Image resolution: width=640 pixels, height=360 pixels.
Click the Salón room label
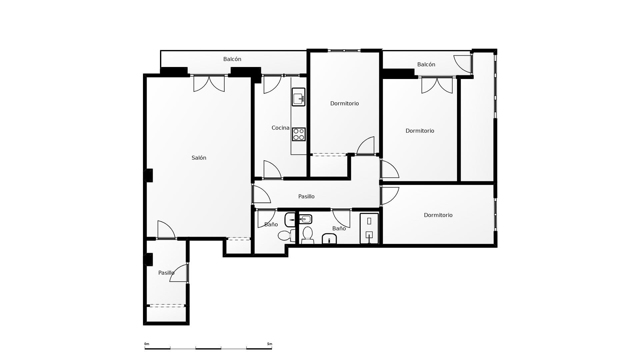[x=199, y=158]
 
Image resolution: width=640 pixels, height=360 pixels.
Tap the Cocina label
[x=280, y=128]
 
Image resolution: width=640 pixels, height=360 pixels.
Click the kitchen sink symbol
[x=298, y=97]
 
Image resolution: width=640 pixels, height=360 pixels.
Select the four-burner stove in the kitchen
[x=299, y=134]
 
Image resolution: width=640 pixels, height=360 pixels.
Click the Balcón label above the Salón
[x=232, y=59]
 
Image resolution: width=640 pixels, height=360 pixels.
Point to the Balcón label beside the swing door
[x=426, y=64]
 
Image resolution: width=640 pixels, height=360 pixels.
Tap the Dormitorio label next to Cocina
[x=344, y=103]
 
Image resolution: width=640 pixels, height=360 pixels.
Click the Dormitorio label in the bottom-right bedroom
[x=438, y=215]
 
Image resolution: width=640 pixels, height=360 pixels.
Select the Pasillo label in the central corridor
[x=306, y=196]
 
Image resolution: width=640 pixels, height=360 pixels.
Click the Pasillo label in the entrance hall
[x=166, y=273]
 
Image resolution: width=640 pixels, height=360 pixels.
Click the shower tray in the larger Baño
[x=369, y=228]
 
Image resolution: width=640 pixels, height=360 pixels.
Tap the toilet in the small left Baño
[x=286, y=235]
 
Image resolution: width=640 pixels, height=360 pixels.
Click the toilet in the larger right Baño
[x=307, y=235]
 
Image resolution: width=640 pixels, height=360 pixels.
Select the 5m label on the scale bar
[x=269, y=344]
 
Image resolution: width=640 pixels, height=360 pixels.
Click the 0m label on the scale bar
[x=147, y=344]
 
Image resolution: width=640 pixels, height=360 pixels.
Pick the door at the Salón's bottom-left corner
[x=166, y=230]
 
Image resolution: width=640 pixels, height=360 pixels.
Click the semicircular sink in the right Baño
[x=329, y=239]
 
